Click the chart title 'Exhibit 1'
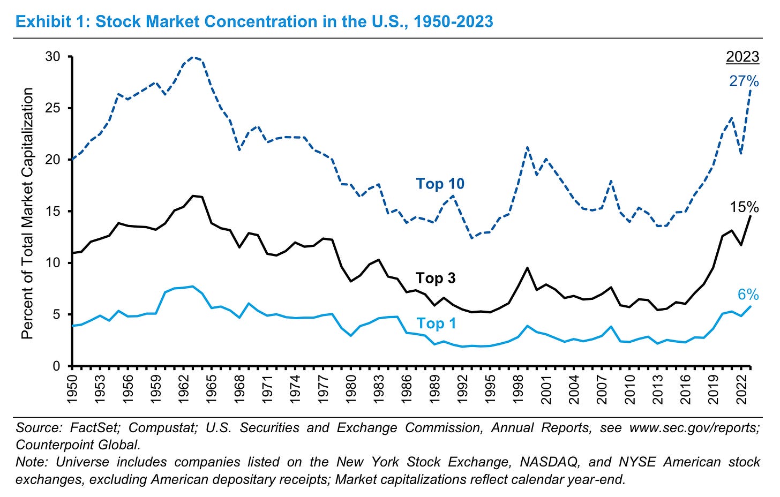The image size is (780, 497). (254, 21)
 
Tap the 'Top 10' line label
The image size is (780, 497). (440, 184)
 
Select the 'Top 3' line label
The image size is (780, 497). (436, 278)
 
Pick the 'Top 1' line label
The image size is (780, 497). (436, 323)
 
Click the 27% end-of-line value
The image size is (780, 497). (744, 81)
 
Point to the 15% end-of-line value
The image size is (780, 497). (744, 207)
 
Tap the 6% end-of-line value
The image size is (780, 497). (748, 294)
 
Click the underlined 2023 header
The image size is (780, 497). (742, 57)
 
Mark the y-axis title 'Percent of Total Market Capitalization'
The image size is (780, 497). (27, 213)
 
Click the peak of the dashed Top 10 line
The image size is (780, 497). (194, 57)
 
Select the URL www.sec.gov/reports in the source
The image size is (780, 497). (694, 428)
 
